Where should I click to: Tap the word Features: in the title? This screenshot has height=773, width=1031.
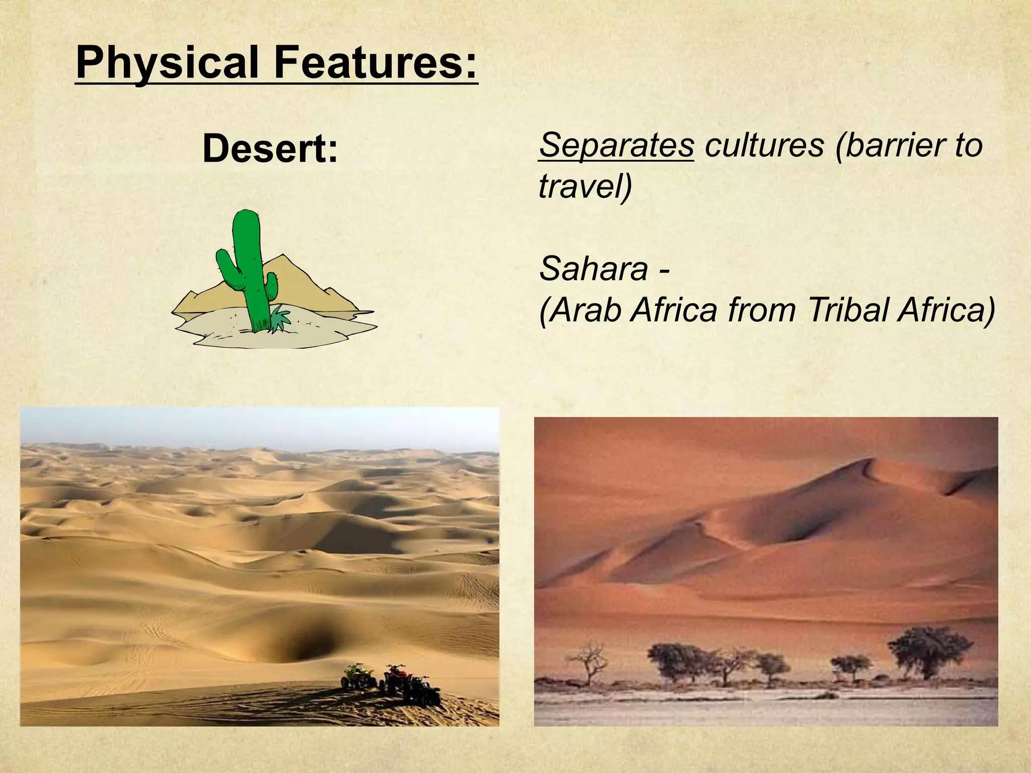[x=376, y=62]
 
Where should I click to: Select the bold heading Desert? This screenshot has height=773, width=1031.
[x=270, y=149]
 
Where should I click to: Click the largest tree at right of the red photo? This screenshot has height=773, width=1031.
[x=929, y=652]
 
